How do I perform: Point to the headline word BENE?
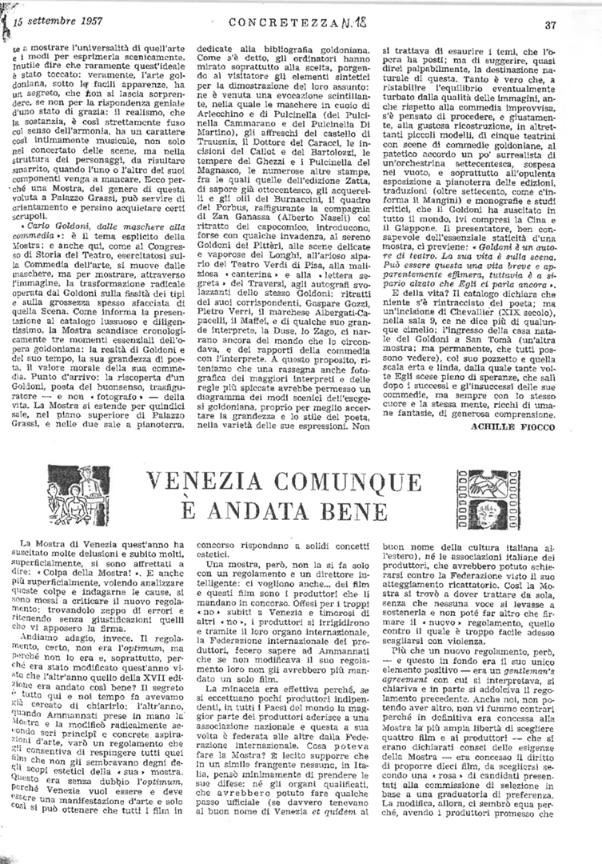pyautogui.click(x=359, y=510)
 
